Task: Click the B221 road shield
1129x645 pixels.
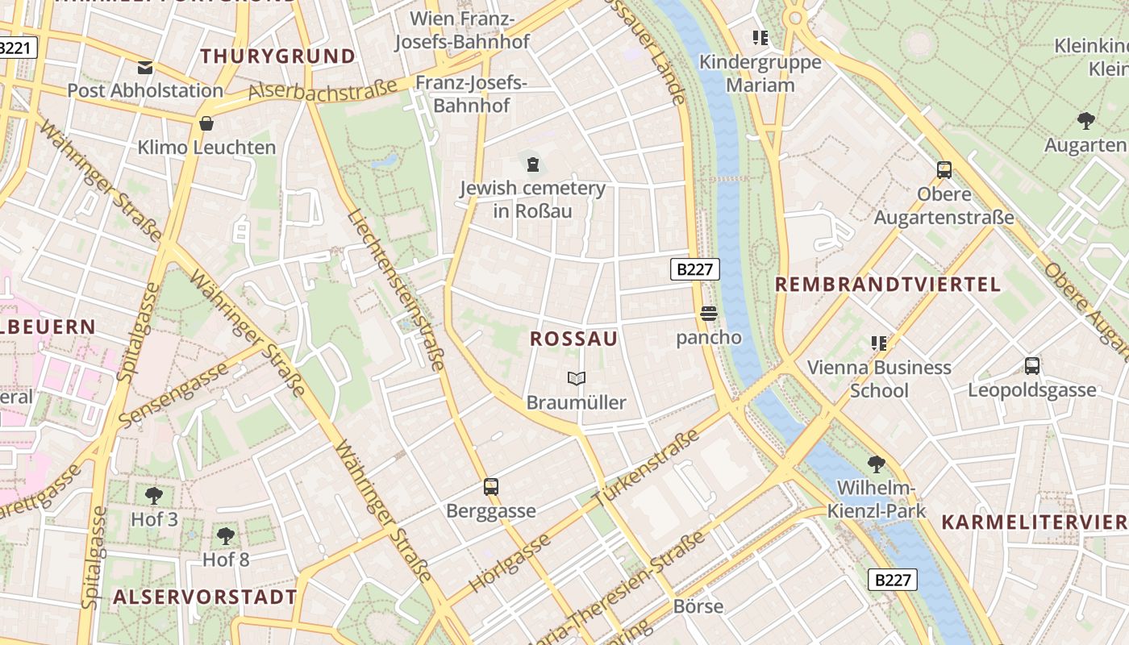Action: (x=16, y=48)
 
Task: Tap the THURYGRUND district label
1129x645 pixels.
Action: (x=277, y=56)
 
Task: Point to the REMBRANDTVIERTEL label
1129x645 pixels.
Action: (x=887, y=285)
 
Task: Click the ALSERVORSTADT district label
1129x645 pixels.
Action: (x=205, y=597)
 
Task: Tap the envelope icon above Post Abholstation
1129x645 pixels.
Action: (x=145, y=67)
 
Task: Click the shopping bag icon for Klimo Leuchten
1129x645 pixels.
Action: (x=206, y=124)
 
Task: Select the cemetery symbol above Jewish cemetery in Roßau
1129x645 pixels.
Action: (x=532, y=165)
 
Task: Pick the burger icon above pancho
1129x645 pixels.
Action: (x=708, y=314)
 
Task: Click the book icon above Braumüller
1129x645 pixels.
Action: (x=576, y=378)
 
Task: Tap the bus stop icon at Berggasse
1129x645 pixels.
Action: (x=490, y=487)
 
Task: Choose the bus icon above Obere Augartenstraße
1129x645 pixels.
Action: (x=944, y=170)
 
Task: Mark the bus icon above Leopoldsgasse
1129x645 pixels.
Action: (x=1031, y=366)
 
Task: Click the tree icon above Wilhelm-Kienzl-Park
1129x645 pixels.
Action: (x=876, y=464)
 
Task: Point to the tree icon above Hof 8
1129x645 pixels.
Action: (x=226, y=535)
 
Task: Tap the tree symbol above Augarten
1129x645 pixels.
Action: (x=1085, y=122)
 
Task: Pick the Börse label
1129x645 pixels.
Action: (x=698, y=606)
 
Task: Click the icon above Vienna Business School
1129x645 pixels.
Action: (x=878, y=343)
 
